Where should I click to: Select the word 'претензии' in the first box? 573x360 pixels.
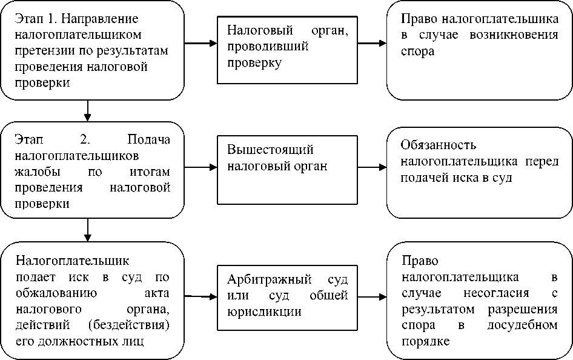pos(42,51)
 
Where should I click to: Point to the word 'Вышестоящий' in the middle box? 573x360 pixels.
pos(271,150)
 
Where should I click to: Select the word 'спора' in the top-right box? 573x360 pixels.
pos(417,52)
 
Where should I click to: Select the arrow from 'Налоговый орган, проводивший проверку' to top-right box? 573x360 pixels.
pos(371,44)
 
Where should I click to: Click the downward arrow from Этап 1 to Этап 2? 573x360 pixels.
pos(88,110)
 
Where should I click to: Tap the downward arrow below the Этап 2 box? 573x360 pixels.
pos(88,229)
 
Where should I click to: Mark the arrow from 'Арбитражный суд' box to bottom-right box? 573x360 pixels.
pos(371,297)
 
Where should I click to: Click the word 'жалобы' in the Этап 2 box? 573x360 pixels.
pos(35,172)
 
